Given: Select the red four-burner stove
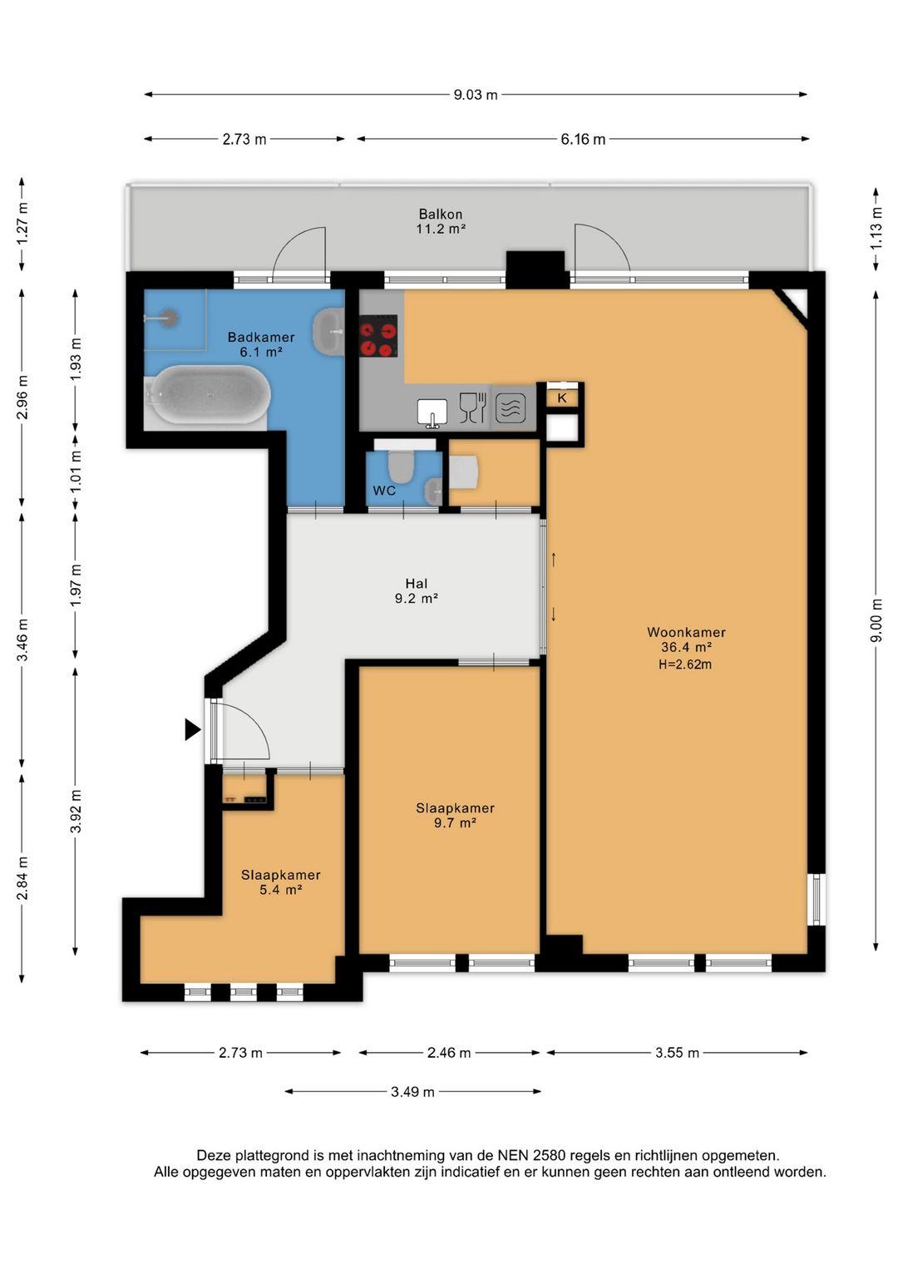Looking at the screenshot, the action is click(x=378, y=336).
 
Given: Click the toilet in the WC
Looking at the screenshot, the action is click(x=401, y=463).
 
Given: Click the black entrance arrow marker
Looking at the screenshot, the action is click(x=193, y=729).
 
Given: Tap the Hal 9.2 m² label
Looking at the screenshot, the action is click(x=417, y=591).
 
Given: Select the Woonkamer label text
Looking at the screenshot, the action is click(x=686, y=632).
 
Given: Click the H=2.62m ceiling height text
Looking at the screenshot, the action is click(x=685, y=664).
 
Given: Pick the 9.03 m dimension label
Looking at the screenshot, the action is click(x=476, y=95).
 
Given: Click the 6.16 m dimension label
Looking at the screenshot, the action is click(x=583, y=140).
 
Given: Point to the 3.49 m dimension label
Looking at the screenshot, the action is click(x=412, y=1092).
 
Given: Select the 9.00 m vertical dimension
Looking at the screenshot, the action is click(x=876, y=620).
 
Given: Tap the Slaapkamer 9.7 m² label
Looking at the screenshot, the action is click(x=455, y=815).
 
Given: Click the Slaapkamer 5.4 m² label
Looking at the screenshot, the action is click(x=280, y=882).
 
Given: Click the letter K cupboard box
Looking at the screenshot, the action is click(x=562, y=397).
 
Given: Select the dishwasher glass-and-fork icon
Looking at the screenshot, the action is click(x=472, y=407).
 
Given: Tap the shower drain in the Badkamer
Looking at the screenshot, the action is click(x=168, y=318).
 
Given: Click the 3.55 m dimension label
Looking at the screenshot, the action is click(x=677, y=1053).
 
